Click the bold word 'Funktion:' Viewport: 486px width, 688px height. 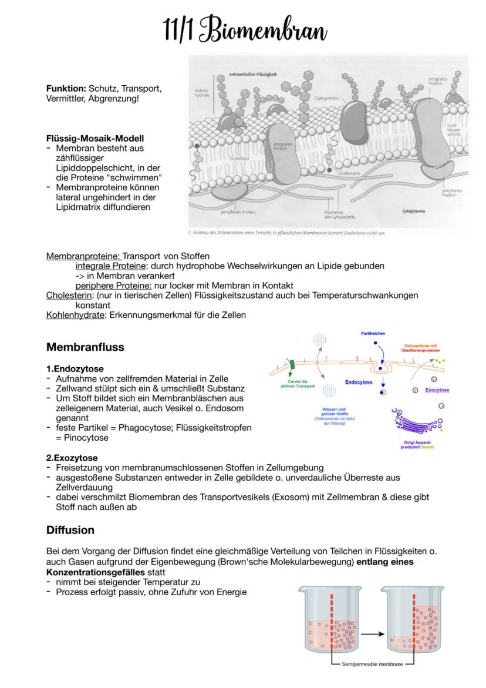coord(66,88)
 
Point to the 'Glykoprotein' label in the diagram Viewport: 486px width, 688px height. coord(326,98)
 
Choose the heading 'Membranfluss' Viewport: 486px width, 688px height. coord(85,347)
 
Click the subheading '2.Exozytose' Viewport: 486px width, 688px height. coord(72,458)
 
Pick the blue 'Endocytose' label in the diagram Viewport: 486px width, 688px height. coord(358,382)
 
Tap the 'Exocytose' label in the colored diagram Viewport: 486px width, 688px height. coord(437,390)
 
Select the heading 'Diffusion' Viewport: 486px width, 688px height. coord(70,530)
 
